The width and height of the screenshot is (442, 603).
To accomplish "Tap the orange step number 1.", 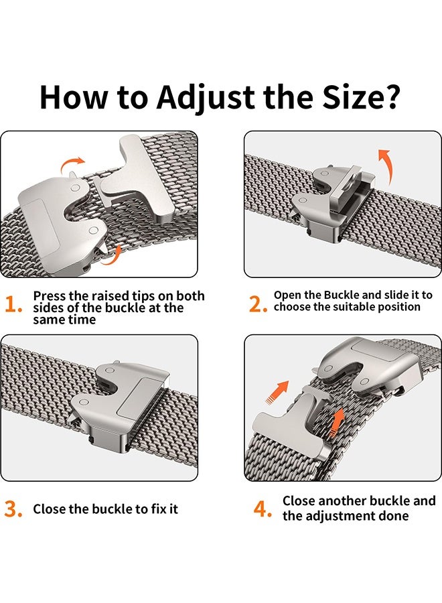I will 13,306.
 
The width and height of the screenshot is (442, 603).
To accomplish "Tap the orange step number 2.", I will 258,304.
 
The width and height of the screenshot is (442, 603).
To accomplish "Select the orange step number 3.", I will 13,509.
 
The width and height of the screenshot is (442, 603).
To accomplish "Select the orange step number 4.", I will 263,509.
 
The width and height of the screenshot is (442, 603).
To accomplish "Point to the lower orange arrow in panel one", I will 112,255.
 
